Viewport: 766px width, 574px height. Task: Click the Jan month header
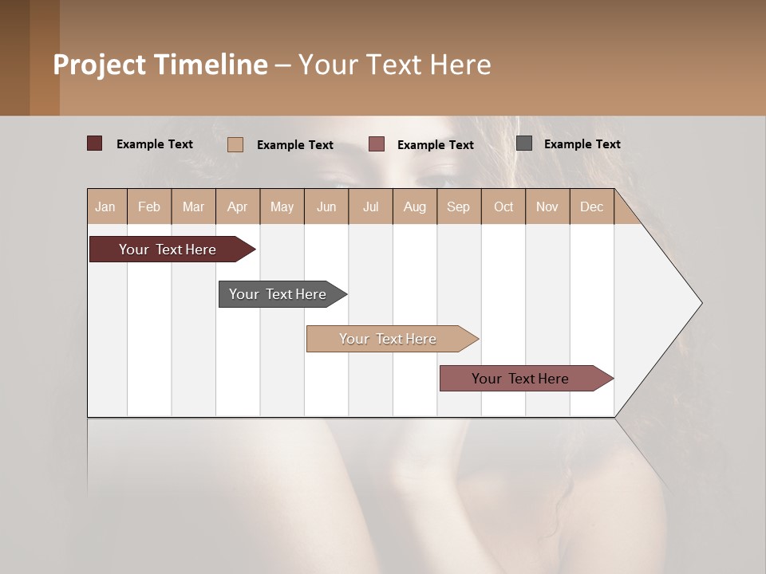105,206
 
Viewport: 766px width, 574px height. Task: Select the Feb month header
149,206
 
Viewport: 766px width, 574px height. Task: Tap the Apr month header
237,206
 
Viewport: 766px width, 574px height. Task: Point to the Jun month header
326,206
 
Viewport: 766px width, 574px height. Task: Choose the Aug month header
414,206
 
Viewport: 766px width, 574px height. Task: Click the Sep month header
458,206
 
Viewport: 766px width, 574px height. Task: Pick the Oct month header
503,206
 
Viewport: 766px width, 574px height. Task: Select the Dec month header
591,206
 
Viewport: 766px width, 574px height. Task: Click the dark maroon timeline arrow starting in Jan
168,250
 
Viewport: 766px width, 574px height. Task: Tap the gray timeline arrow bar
278,294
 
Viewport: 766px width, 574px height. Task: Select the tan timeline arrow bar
388,339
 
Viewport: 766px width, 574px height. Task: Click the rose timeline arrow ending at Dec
520,379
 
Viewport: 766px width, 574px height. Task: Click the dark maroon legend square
95,143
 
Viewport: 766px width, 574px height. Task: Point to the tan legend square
235,144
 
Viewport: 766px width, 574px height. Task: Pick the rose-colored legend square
377,144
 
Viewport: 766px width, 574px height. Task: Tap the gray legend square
524,143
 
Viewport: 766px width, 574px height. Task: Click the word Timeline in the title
211,65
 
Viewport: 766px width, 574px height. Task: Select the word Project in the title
99,65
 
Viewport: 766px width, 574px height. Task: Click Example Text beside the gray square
582,144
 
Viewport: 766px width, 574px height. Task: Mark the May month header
282,206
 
